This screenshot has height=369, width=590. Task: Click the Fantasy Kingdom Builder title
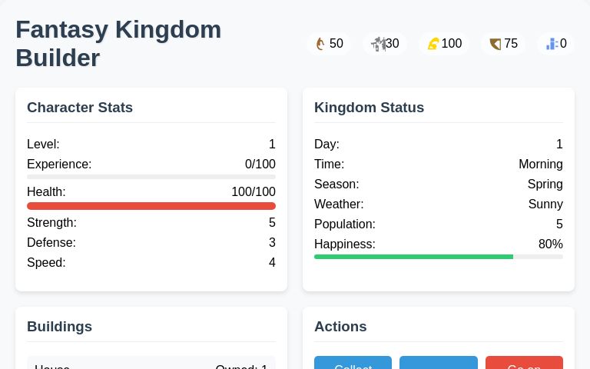pos(118,43)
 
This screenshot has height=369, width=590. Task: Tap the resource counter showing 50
pos(329,44)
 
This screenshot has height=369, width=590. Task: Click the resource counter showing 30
pos(385,44)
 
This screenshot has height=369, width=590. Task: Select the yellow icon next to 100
pos(433,44)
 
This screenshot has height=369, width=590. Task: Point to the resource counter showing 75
pos(503,44)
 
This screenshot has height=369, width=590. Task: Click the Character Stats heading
pos(80,108)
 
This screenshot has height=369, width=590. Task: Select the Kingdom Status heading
pos(369,108)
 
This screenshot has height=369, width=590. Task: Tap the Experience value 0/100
pos(260,165)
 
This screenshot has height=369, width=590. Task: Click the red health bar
pos(151,206)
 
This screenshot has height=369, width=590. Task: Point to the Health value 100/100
pos(253,192)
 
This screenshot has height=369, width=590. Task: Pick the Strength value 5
pos(272,223)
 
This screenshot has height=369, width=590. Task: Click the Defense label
pos(51,243)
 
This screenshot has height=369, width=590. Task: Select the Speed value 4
pos(272,263)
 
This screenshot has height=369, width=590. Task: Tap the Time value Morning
pos(540,165)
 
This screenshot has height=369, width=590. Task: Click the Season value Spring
pos(545,184)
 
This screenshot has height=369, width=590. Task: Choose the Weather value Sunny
pos(545,204)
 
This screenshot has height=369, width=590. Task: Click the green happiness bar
pos(413,257)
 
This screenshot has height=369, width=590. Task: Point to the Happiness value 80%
pos(550,244)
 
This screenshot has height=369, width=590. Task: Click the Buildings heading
pos(59,327)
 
